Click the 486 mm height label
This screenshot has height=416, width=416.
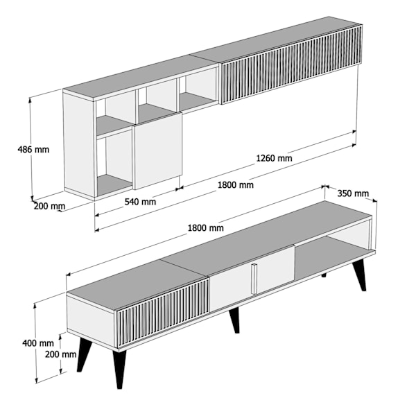point(33,150)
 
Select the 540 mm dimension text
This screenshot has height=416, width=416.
point(140,202)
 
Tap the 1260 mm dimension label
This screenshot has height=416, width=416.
point(274,158)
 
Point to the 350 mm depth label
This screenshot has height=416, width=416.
point(353,193)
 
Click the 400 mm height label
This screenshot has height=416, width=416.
point(38,343)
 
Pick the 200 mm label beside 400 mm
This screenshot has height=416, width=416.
point(60,354)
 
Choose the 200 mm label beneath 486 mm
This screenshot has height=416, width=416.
point(49,206)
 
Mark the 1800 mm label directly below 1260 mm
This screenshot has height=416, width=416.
point(236,184)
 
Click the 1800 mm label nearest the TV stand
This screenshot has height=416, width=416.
point(206,228)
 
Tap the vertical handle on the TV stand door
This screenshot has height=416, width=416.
point(254,279)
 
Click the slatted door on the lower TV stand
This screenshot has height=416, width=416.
point(162,313)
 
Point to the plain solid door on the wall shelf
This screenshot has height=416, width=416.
point(158,150)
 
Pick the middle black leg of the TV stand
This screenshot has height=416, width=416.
point(234,320)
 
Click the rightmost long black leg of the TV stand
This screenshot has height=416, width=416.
point(359,275)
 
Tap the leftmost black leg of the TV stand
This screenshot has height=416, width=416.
point(85,354)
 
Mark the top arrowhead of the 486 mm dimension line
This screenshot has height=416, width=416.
point(30,99)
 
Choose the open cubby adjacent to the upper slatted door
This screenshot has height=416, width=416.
point(198,89)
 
